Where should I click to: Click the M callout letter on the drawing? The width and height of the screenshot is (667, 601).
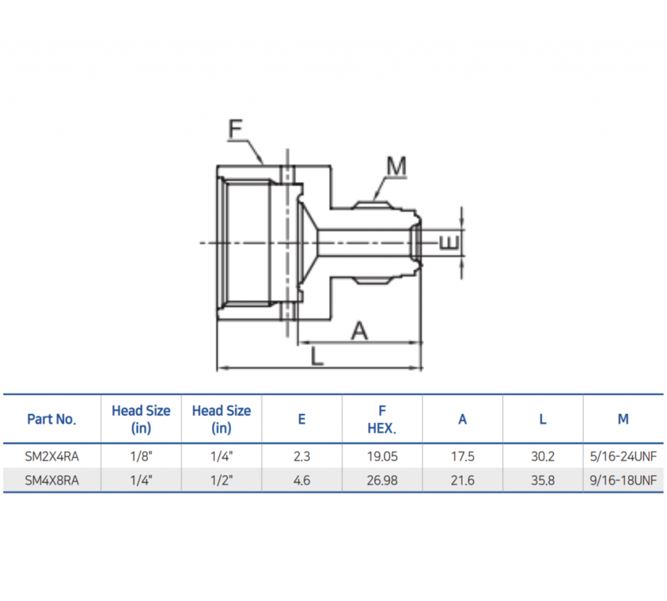[396, 168]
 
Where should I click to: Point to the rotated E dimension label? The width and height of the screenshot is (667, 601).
[449, 242]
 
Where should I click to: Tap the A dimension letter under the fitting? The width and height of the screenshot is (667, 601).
[360, 331]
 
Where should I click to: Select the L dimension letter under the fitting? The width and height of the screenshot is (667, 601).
[317, 357]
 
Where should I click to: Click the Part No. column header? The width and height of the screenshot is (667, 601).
[51, 419]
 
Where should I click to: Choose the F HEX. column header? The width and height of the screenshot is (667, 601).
[382, 419]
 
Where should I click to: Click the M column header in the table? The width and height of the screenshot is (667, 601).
[623, 419]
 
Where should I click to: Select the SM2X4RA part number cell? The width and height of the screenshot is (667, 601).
[51, 456]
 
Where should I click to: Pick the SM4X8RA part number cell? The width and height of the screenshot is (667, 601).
[51, 481]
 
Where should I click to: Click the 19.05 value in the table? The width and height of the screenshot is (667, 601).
[382, 456]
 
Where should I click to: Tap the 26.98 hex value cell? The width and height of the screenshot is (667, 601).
[382, 481]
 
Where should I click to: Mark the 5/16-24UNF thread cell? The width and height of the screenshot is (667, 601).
[623, 456]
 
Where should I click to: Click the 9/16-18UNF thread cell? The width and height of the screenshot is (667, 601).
[623, 481]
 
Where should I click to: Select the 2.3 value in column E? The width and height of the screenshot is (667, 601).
[302, 456]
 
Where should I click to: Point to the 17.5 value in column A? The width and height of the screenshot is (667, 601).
[462, 456]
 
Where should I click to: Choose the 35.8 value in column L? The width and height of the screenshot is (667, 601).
[543, 481]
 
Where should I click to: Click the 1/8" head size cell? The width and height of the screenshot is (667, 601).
[141, 456]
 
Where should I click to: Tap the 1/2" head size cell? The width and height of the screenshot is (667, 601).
[221, 481]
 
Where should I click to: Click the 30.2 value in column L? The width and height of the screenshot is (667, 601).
[543, 456]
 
